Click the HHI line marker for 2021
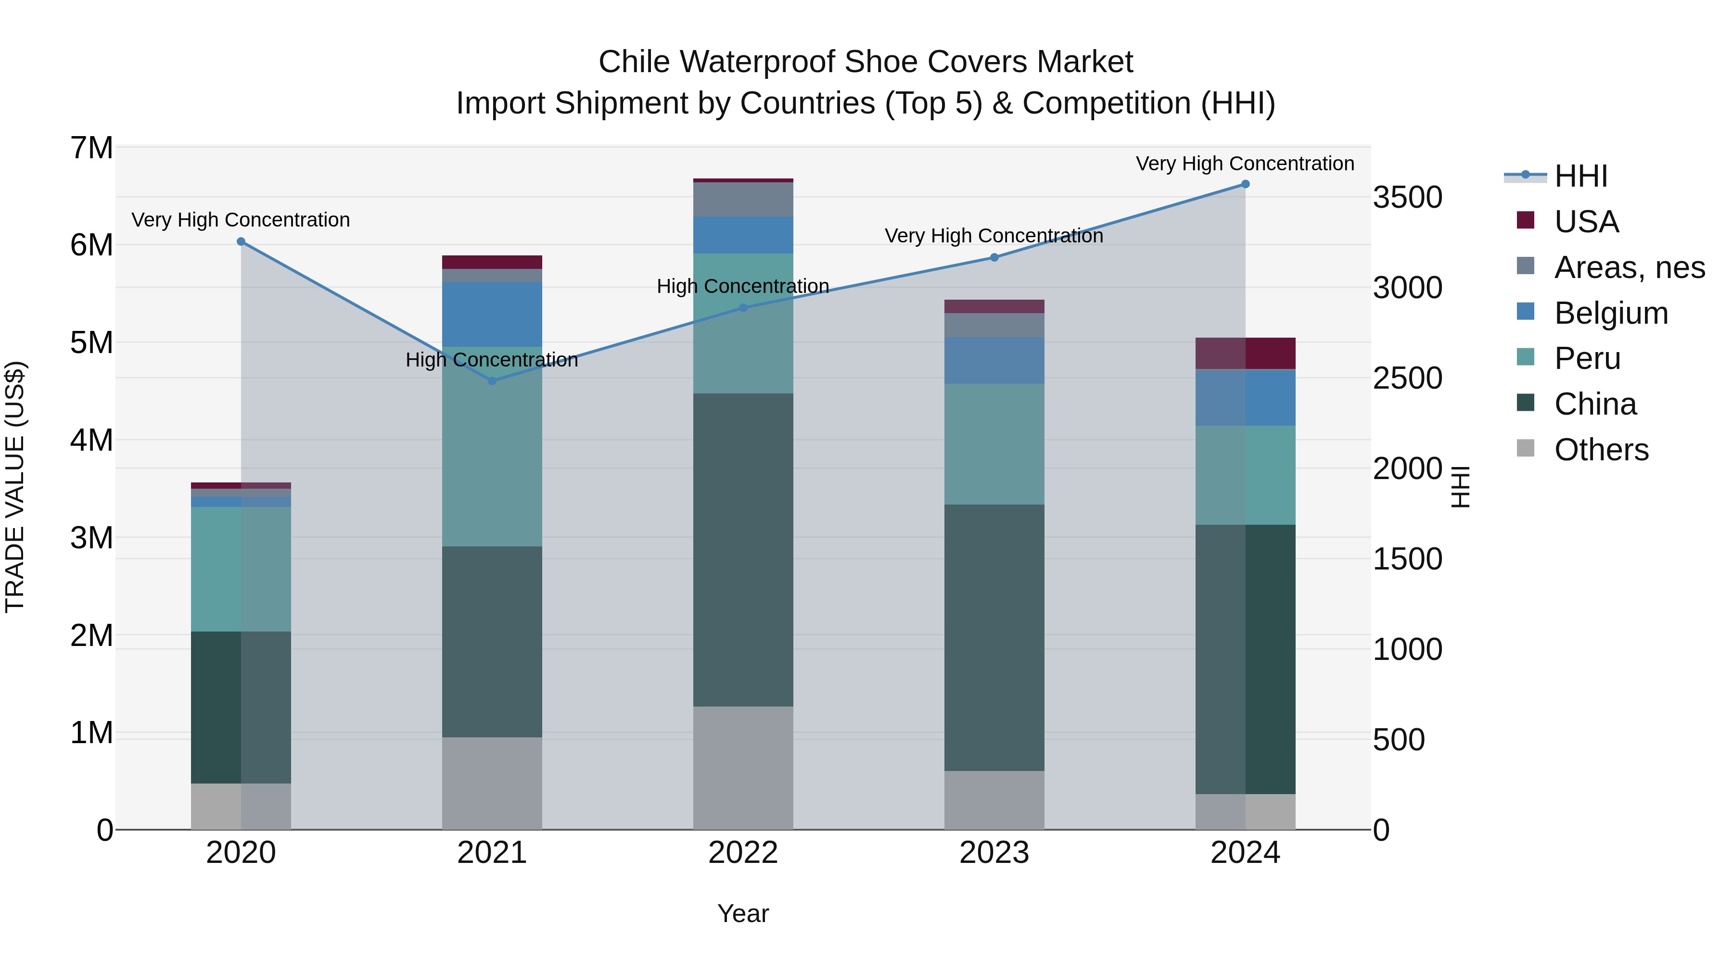point(492,381)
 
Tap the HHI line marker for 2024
point(1245,184)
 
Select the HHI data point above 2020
point(241,241)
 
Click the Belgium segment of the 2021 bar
point(492,314)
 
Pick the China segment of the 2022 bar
point(743,549)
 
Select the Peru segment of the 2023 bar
point(994,443)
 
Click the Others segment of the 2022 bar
point(743,767)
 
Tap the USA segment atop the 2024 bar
point(1245,353)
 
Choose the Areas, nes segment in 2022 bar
point(743,199)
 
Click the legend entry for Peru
point(1587,358)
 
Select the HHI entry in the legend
point(1580,176)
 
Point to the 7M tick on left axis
point(91,148)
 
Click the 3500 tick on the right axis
point(1407,198)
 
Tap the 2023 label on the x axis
point(994,853)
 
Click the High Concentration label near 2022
point(742,286)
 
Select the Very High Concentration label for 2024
point(1245,164)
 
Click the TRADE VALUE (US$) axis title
point(15,487)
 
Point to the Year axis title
point(742,913)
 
